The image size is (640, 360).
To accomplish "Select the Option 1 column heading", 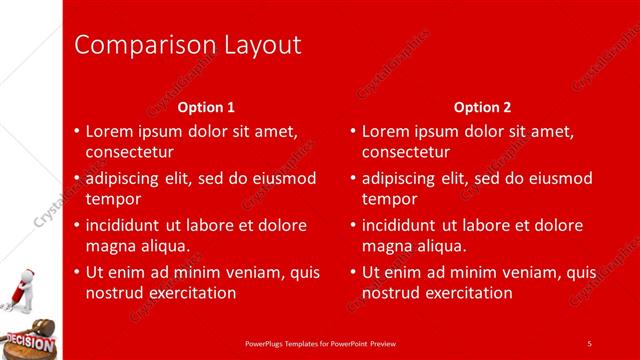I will click(207, 107).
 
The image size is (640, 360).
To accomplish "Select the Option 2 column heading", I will click(483, 107).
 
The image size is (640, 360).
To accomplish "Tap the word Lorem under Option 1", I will click(109, 131).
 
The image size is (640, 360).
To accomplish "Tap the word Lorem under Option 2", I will click(385, 131).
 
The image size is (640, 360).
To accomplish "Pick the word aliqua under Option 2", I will click(441, 246).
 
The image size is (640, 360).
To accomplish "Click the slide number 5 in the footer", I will click(589, 343).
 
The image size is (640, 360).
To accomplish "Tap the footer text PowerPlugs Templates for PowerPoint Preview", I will click(319, 343).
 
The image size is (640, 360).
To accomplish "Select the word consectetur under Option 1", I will click(129, 152).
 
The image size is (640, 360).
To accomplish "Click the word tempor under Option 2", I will click(386, 199).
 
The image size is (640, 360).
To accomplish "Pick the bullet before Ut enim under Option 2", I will click(353, 272).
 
